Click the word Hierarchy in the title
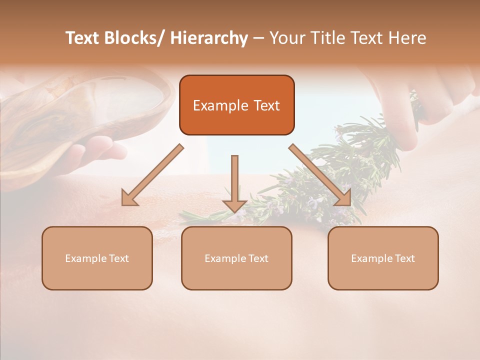click(209, 38)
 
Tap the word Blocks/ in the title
click(133, 38)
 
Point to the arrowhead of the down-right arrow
click(343, 198)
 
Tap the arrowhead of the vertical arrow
click(234, 205)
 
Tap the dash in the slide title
click(258, 38)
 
